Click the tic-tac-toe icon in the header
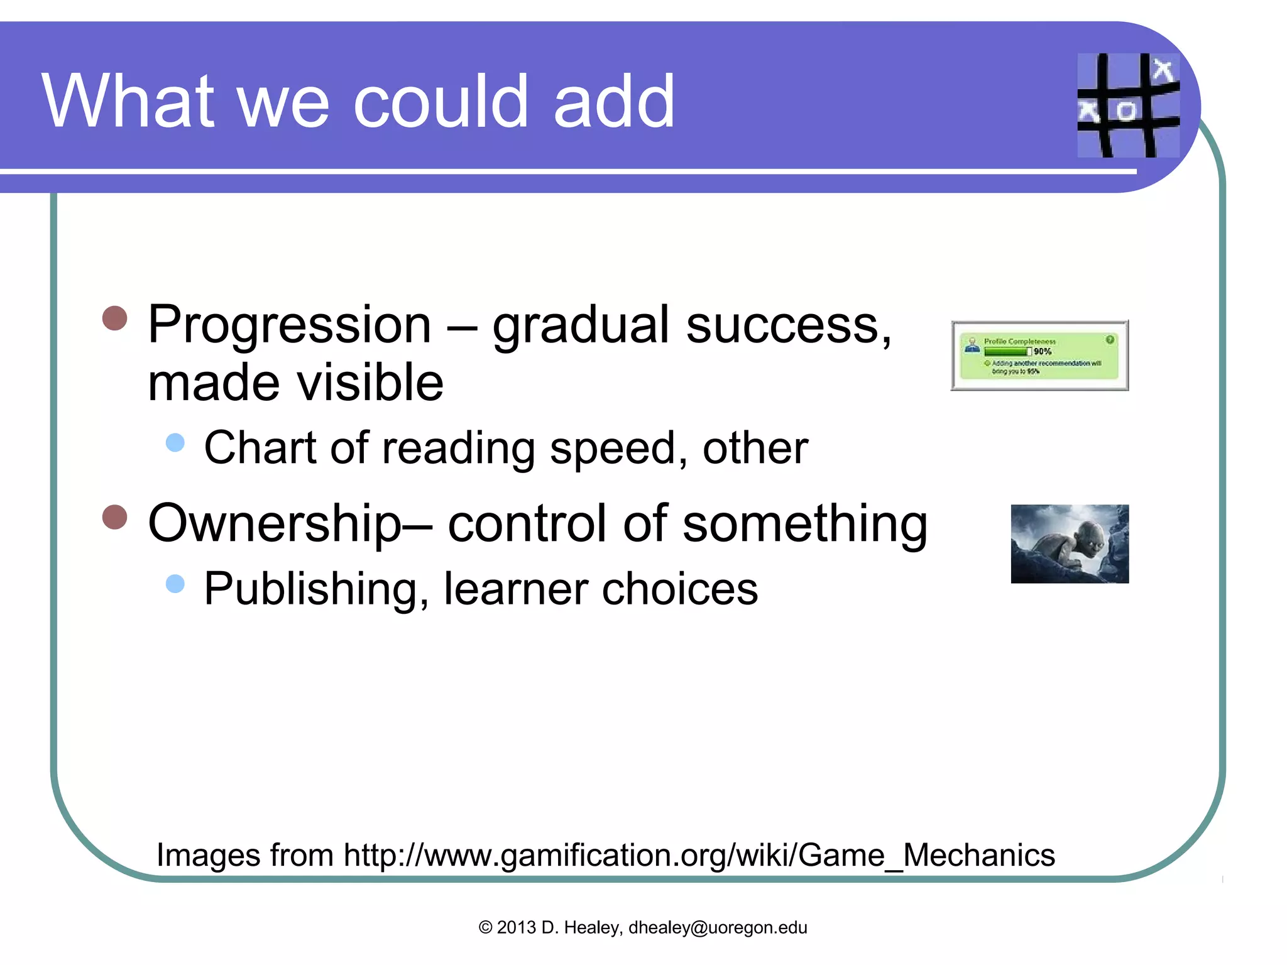coord(1128,105)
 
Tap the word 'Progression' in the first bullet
coord(289,325)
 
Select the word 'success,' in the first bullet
coord(789,325)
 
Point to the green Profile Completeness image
coord(1039,356)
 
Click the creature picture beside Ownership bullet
coord(1070,544)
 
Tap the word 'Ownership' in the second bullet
coord(275,523)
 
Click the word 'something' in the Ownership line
coord(804,523)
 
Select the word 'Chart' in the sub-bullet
coord(260,448)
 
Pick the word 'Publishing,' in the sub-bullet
coord(316,589)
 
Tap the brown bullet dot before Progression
coord(115,318)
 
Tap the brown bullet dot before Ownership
coord(115,517)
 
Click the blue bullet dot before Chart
coord(175,442)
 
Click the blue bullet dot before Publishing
coord(175,584)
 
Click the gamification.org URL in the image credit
coord(699,856)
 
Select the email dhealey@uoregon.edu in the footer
coord(718,928)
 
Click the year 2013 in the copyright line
coord(516,928)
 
